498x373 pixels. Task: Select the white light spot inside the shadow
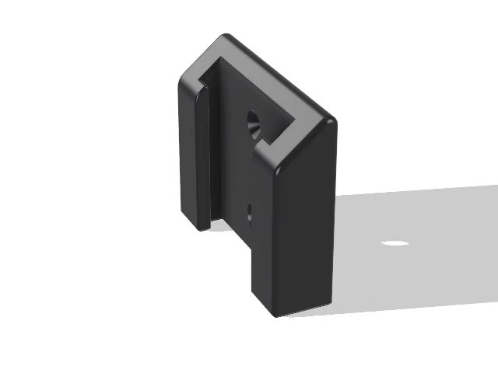coord(395,243)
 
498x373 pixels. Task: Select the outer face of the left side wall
coord(187,155)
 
